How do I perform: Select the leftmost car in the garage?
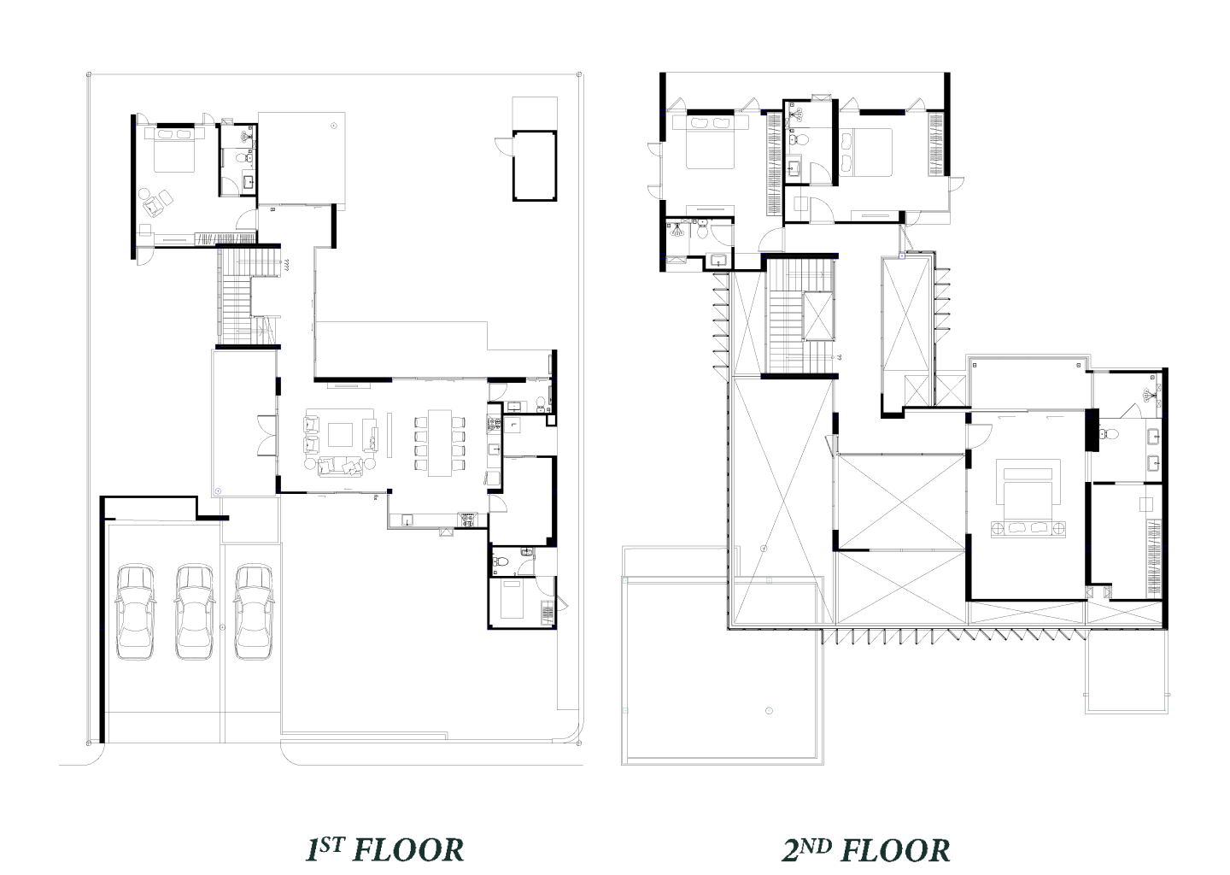click(135, 611)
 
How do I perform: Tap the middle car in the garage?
click(195, 611)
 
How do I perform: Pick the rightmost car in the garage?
click(254, 611)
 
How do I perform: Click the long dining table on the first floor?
click(439, 443)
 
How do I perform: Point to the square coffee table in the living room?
click(341, 435)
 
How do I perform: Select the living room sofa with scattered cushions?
click(341, 466)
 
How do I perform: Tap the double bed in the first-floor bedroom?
click(174, 149)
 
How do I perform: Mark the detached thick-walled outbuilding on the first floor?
click(535, 165)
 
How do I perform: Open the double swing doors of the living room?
click(267, 436)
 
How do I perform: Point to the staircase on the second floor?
click(800, 316)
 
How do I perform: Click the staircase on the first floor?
click(249, 297)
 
